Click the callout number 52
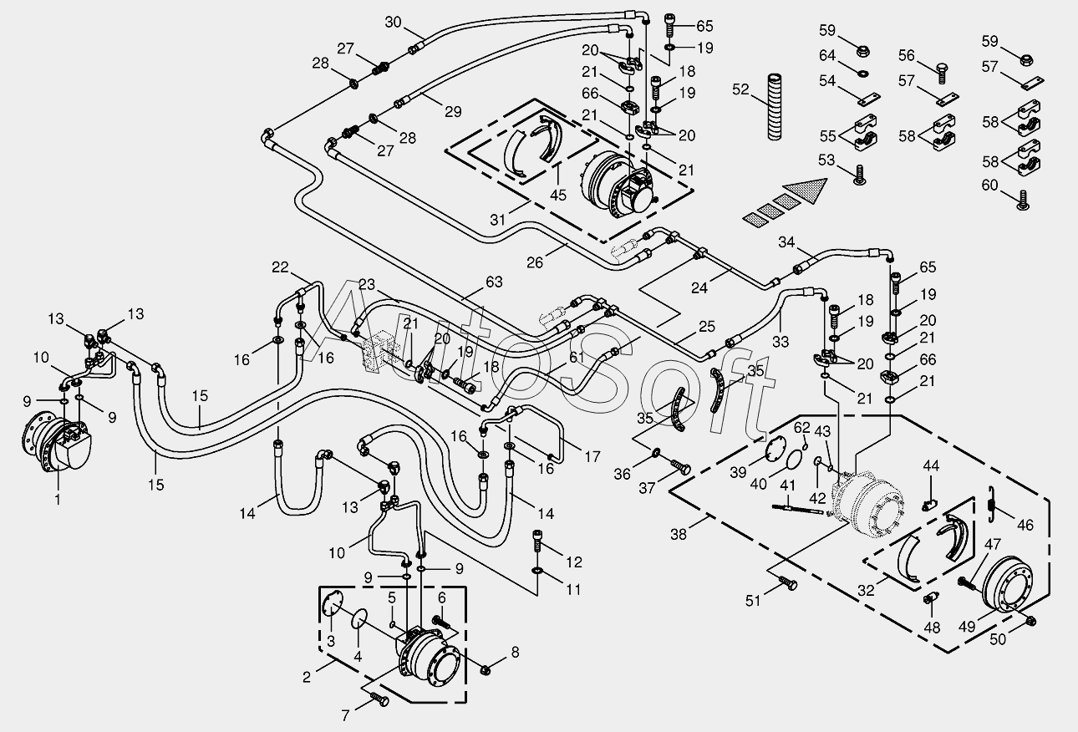(741, 89)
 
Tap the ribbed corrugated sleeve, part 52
(775, 107)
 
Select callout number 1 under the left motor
(58, 500)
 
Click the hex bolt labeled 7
(379, 699)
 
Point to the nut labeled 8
(485, 669)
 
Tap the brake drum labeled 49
(1007, 592)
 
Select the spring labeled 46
(990, 503)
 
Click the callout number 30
(394, 22)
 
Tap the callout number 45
(558, 195)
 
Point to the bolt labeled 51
(787, 584)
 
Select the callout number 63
(494, 282)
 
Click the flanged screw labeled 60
(1024, 201)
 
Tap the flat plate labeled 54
(870, 98)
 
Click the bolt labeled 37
(680, 466)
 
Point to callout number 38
(679, 534)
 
